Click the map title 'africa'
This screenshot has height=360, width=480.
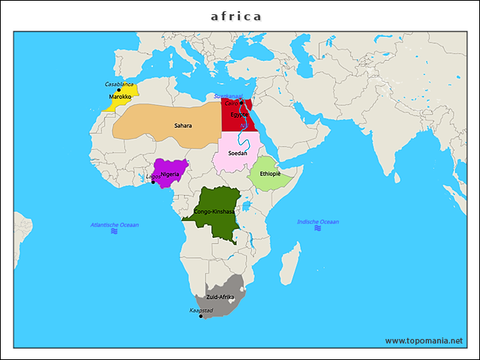pyautogui.click(x=236, y=16)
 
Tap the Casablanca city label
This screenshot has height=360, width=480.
pyautogui.click(x=119, y=84)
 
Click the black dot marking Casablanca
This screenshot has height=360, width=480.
pyautogui.click(x=118, y=90)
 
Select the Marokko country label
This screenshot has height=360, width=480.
pyautogui.click(x=120, y=97)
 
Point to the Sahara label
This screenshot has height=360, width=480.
pyautogui.click(x=183, y=125)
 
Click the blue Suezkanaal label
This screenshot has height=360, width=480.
pyautogui.click(x=227, y=96)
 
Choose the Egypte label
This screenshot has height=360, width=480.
pyautogui.click(x=240, y=115)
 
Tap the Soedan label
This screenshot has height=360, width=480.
pyautogui.click(x=238, y=152)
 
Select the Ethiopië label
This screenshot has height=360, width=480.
pyautogui.click(x=270, y=173)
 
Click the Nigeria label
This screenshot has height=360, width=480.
pyautogui.click(x=170, y=174)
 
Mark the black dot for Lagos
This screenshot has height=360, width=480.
pyautogui.click(x=153, y=182)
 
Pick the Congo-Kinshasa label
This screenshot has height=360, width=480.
pyautogui.click(x=214, y=211)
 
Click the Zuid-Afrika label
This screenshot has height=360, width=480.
pyautogui.click(x=220, y=297)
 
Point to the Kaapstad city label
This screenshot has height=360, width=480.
pyautogui.click(x=201, y=309)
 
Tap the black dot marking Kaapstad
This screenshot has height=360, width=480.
pyautogui.click(x=201, y=316)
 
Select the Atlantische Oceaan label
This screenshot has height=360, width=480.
pyautogui.click(x=115, y=224)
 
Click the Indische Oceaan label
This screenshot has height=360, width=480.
pyautogui.click(x=318, y=221)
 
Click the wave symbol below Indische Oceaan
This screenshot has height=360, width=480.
pyautogui.click(x=318, y=229)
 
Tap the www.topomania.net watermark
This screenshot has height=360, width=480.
pyautogui.click(x=424, y=340)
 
